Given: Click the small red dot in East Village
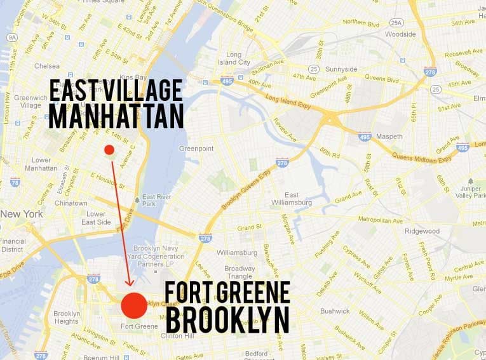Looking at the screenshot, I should click(109, 150).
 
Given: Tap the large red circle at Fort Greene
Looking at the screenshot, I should click(133, 305).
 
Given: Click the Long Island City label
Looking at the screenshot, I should click(234, 58).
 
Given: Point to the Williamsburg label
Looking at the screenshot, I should click(236, 252).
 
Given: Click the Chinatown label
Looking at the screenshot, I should click(71, 203).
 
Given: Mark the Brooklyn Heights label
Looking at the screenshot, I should click(67, 317).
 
